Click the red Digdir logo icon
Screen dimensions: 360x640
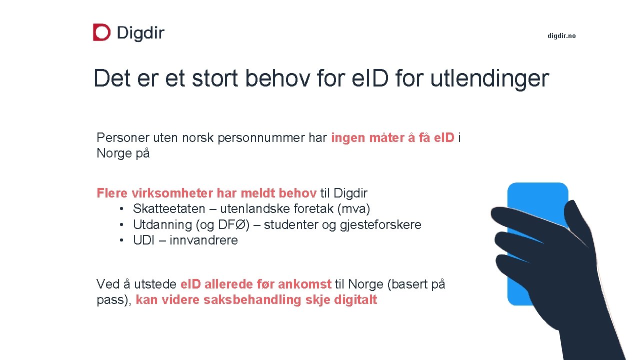click(101, 32)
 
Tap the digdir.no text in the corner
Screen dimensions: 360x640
click(561, 36)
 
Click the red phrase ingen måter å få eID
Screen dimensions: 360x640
click(392, 138)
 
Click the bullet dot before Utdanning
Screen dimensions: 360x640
click(121, 224)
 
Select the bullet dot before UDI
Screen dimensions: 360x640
click(121, 240)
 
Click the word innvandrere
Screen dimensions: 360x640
click(203, 240)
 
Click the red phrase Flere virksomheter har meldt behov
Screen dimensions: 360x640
click(206, 193)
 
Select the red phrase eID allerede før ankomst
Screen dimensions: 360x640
click(255, 284)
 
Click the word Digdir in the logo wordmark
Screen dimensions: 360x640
click(140, 33)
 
